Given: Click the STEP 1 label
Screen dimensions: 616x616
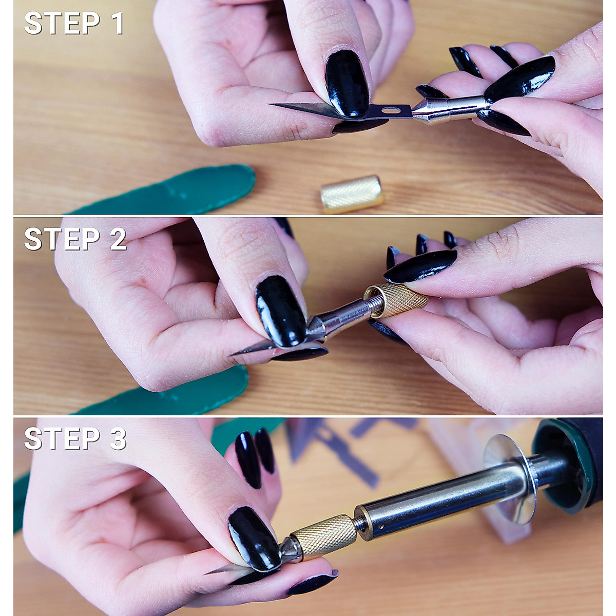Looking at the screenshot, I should [x=74, y=24].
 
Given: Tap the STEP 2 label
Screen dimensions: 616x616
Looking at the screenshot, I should [x=75, y=239].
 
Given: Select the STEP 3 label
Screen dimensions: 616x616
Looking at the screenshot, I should [x=75, y=439].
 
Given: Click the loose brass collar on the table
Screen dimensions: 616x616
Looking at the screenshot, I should [x=352, y=194].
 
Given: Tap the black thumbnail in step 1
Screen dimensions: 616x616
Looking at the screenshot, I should [x=346, y=82].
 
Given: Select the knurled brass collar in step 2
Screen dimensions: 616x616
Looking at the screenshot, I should [x=398, y=302].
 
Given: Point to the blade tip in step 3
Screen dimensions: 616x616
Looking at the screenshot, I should [x=207, y=573].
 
